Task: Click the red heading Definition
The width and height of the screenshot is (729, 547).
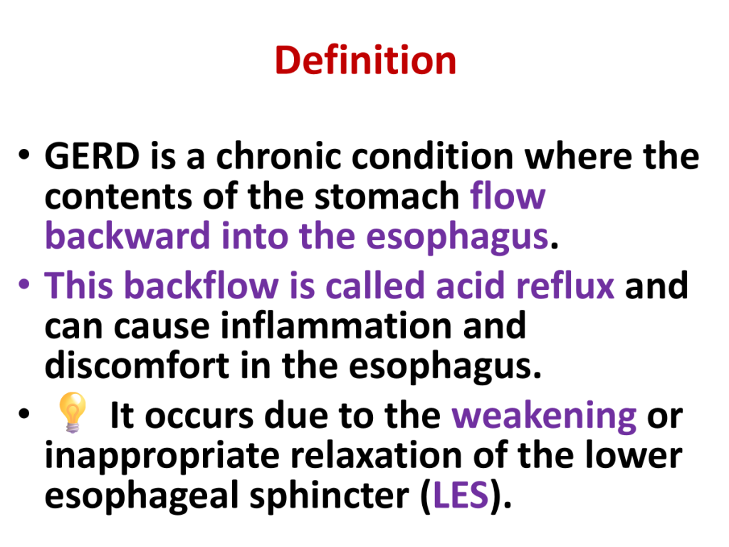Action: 365,60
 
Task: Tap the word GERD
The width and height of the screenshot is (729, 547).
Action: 92,156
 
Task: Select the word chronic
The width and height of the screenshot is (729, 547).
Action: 278,155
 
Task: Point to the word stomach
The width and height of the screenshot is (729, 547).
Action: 387,196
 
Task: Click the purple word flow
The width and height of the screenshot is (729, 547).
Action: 507,195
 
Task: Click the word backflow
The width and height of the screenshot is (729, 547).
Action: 201,285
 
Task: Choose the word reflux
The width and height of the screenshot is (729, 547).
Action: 565,285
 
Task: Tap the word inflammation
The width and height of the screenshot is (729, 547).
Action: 336,325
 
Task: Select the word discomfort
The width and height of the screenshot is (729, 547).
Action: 137,365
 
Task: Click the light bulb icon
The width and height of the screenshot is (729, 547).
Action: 72,412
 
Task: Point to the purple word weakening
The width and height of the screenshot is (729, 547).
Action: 544,416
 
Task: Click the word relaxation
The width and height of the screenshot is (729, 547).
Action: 376,455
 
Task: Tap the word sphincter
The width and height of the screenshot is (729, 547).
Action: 329,496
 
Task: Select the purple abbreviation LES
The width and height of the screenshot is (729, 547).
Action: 461,495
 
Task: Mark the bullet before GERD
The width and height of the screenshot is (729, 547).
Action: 24,154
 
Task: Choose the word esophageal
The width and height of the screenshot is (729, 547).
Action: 142,496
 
